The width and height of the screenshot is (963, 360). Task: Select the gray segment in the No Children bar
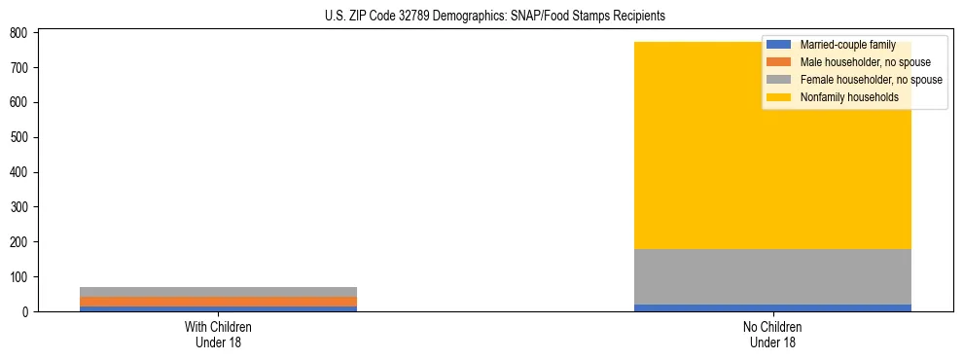pos(772,276)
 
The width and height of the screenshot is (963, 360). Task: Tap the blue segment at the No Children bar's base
pos(772,307)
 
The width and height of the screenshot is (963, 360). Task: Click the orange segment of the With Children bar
pos(218,302)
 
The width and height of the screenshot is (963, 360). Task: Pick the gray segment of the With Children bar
pos(218,292)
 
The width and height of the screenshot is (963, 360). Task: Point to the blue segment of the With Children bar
pos(218,309)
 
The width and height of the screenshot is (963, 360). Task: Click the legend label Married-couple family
pos(847,45)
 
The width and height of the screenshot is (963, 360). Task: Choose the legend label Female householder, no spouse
pos(871,80)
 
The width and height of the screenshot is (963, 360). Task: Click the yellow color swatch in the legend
pos(779,97)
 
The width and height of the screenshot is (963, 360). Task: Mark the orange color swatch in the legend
pos(779,62)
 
